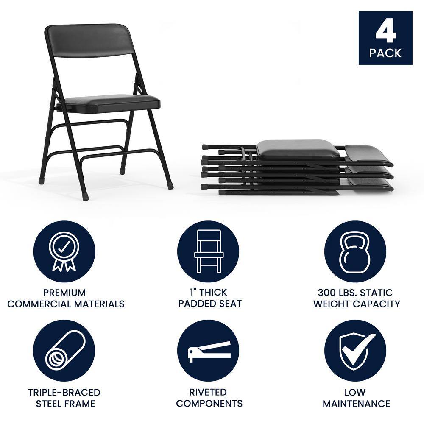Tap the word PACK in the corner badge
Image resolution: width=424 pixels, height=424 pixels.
[385, 53]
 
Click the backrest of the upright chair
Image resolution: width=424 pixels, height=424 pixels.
[90, 41]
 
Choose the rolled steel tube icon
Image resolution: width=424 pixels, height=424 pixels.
[64, 351]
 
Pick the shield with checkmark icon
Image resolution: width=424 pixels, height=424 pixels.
[355, 351]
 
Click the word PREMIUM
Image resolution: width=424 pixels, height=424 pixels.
[64, 293]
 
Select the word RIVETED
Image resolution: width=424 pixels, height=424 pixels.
[208, 392]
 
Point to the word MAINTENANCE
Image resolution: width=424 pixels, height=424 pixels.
[356, 403]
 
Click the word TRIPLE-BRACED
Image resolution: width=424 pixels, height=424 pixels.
[64, 392]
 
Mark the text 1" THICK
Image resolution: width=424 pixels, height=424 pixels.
[208, 292]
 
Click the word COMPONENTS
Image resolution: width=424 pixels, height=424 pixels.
[209, 403]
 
